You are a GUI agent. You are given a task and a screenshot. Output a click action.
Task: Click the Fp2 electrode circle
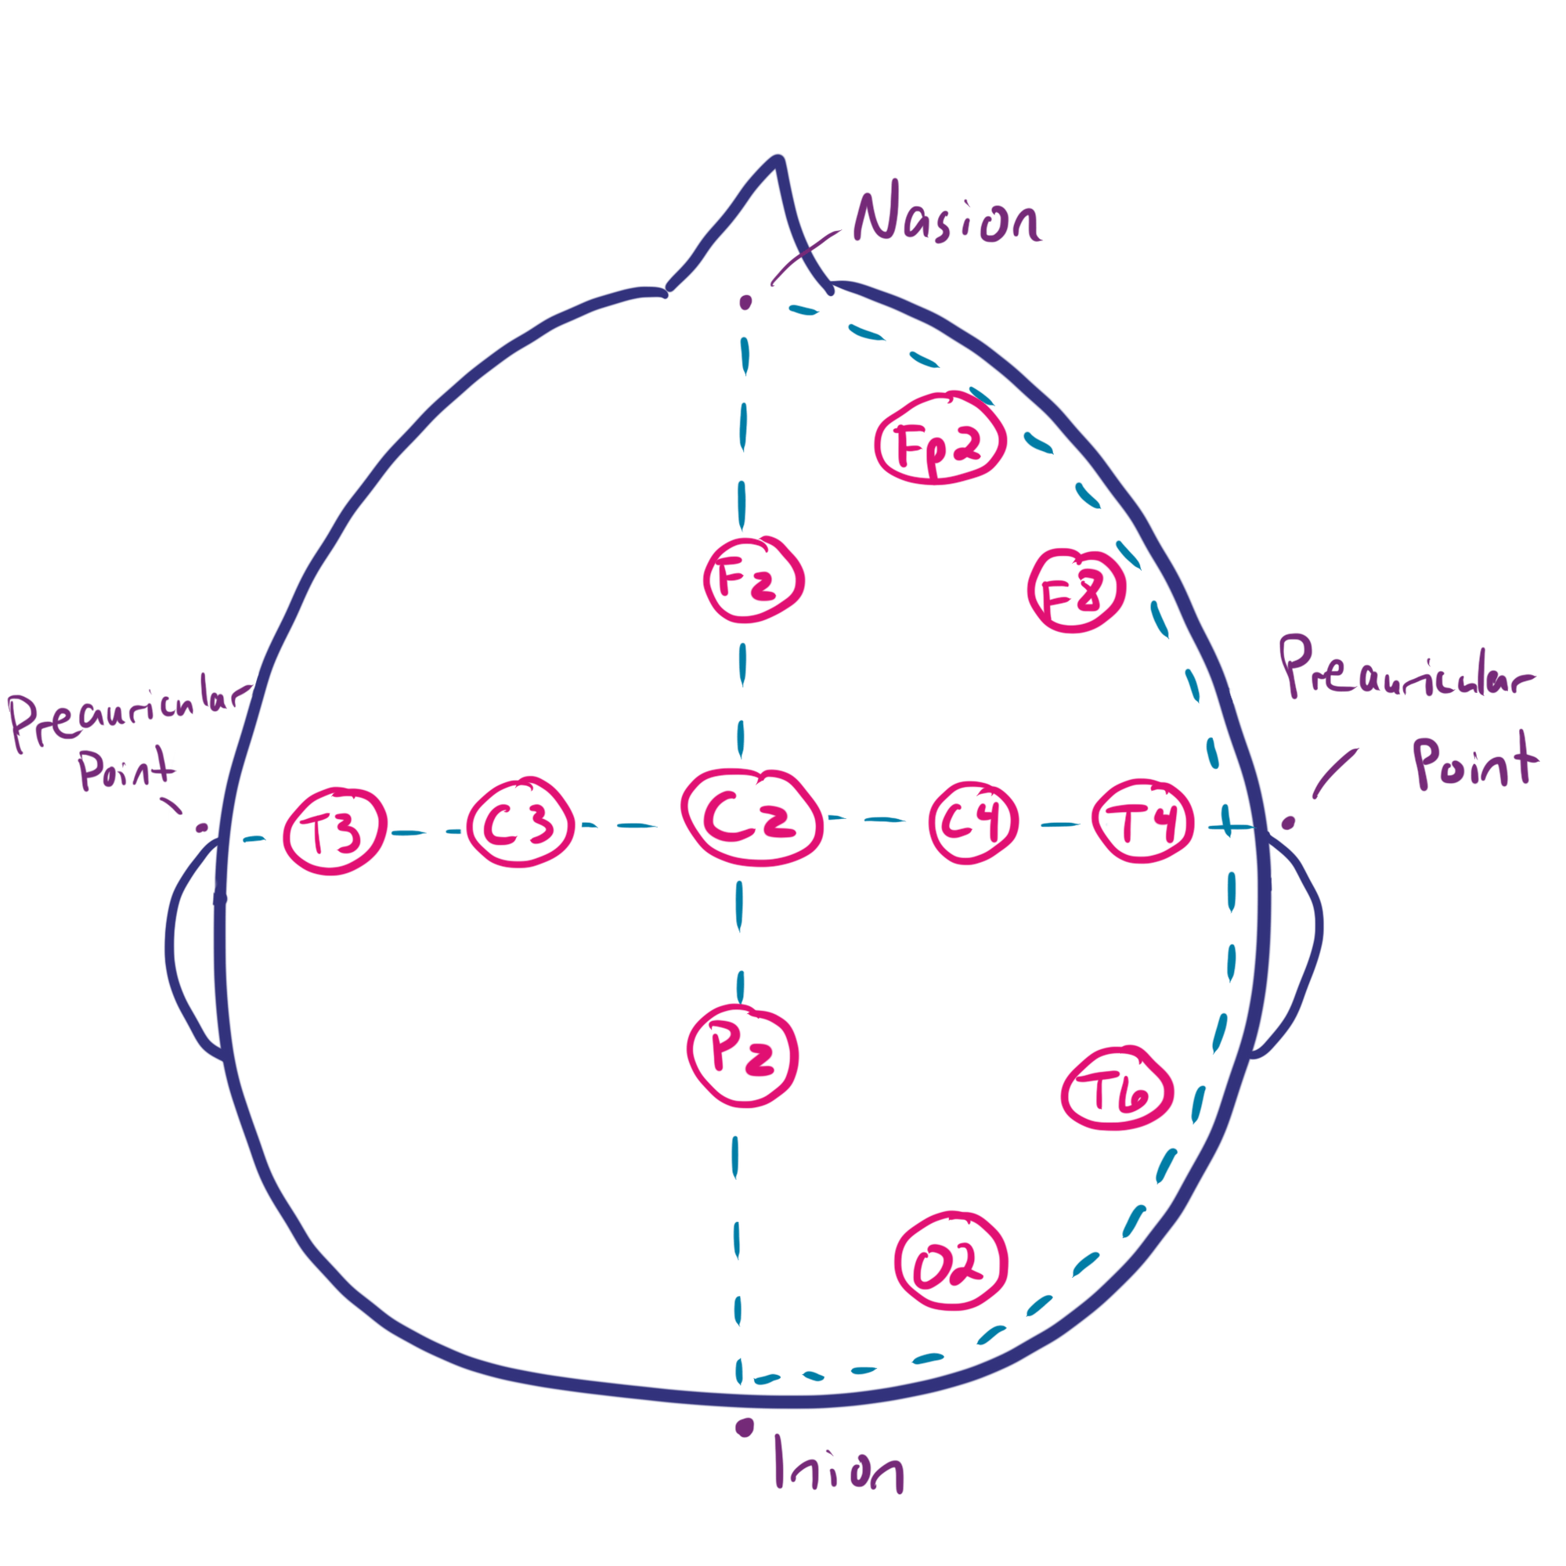(940, 441)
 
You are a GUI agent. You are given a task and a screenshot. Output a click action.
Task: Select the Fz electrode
(753, 581)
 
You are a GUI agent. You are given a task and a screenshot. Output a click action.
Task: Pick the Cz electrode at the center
(751, 818)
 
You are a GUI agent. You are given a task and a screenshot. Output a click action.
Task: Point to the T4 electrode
(1143, 823)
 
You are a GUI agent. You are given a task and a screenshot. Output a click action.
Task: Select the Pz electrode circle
(743, 1055)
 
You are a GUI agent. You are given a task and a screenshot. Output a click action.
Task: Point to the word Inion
(838, 1488)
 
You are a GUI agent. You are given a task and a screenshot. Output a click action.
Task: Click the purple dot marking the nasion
(745, 303)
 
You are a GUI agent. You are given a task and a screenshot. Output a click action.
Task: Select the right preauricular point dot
(1288, 824)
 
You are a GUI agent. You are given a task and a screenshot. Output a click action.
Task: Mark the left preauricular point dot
(202, 828)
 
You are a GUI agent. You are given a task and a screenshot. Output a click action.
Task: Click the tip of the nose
(778, 160)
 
